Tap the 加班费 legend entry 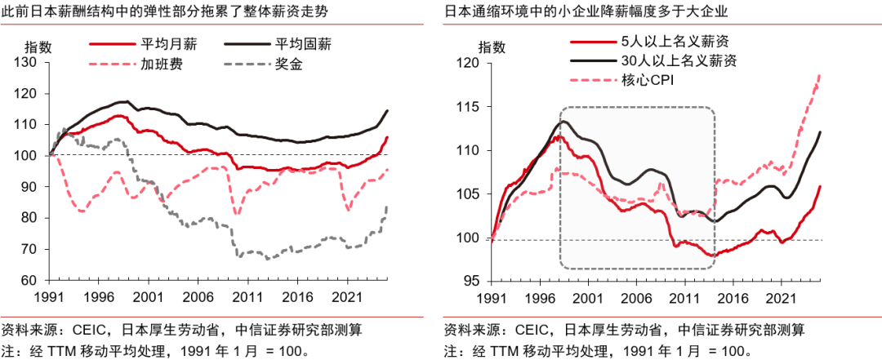(140, 64)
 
